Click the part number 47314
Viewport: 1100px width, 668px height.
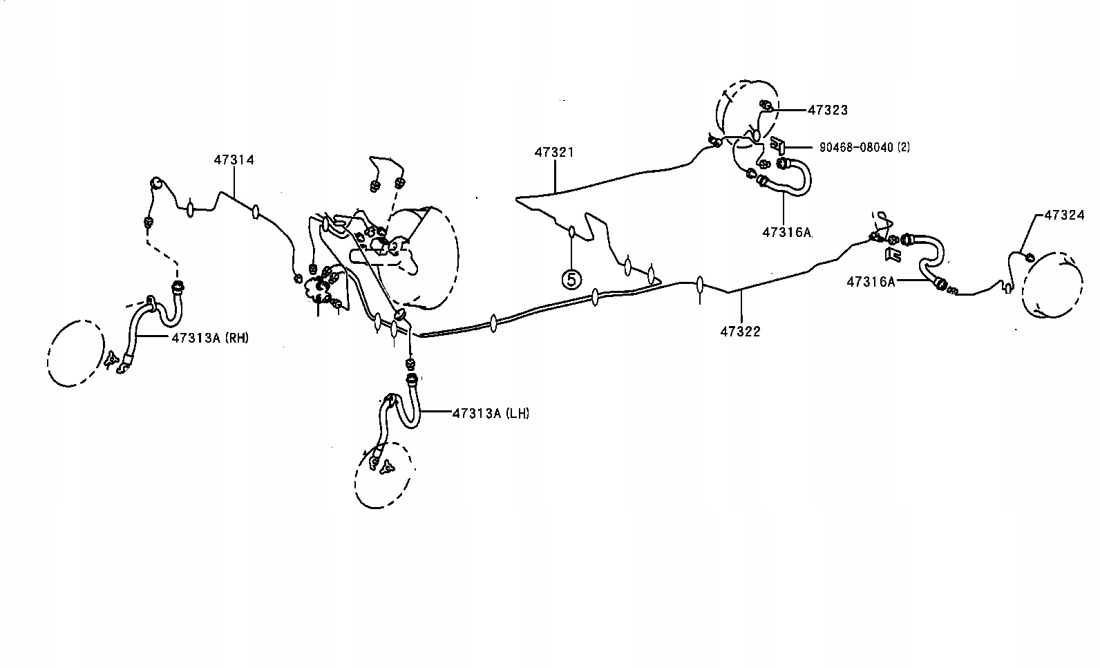(234, 160)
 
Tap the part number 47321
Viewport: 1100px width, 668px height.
(554, 153)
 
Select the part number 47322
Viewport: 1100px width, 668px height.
(740, 332)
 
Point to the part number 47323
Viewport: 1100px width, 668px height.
(828, 110)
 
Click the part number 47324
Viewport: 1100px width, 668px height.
(1064, 215)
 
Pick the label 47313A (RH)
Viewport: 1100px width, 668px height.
(210, 338)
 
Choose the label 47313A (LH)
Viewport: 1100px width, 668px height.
(491, 414)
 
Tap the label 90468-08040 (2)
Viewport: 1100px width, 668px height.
(865, 147)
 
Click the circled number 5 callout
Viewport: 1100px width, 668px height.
(571, 279)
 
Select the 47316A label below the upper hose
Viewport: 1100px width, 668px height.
(787, 232)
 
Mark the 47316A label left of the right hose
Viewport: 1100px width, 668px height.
(871, 282)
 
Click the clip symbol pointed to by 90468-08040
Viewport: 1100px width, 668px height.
(777, 145)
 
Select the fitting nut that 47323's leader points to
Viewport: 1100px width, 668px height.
(765, 105)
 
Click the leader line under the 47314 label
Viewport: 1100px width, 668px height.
(234, 182)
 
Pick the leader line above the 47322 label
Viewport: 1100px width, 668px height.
(741, 307)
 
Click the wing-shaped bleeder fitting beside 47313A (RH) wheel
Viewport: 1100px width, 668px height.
(111, 361)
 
